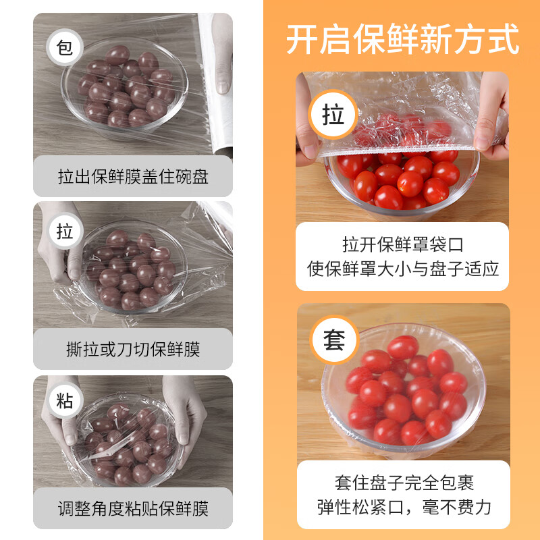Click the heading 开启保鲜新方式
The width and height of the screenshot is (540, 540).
(x=402, y=38)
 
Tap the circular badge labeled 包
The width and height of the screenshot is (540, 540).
(x=65, y=49)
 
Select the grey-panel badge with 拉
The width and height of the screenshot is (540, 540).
(x=65, y=232)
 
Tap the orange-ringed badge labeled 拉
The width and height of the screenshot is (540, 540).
(x=333, y=115)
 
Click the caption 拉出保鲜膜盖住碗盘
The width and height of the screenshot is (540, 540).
(x=133, y=177)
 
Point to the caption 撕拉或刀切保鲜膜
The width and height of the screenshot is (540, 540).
(x=133, y=349)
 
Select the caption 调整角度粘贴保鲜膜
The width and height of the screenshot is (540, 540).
(x=133, y=508)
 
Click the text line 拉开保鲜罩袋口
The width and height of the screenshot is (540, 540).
(x=403, y=244)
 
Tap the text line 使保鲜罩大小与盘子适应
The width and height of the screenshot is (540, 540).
(x=403, y=269)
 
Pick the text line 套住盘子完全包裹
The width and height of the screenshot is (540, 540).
(x=403, y=483)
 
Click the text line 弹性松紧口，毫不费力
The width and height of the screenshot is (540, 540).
(x=403, y=507)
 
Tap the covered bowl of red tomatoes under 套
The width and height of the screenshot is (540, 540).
(x=403, y=391)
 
